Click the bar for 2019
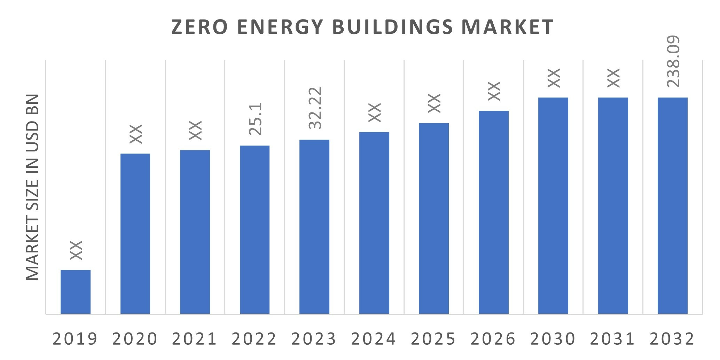click(x=76, y=292)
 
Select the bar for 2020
click(x=135, y=233)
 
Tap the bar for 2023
click(x=314, y=226)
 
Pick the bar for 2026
click(x=494, y=212)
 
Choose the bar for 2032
click(x=673, y=205)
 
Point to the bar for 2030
click(x=553, y=205)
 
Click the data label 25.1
click(x=256, y=119)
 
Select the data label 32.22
click(x=315, y=108)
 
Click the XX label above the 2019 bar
click(x=76, y=250)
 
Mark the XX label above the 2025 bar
click(x=435, y=103)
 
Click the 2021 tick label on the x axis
click(x=195, y=339)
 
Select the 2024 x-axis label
click(x=374, y=339)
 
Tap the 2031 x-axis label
click(x=613, y=339)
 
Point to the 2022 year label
click(x=254, y=339)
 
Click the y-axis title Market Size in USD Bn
click(x=33, y=187)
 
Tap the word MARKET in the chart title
click(x=508, y=27)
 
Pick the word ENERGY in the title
click(x=280, y=27)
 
